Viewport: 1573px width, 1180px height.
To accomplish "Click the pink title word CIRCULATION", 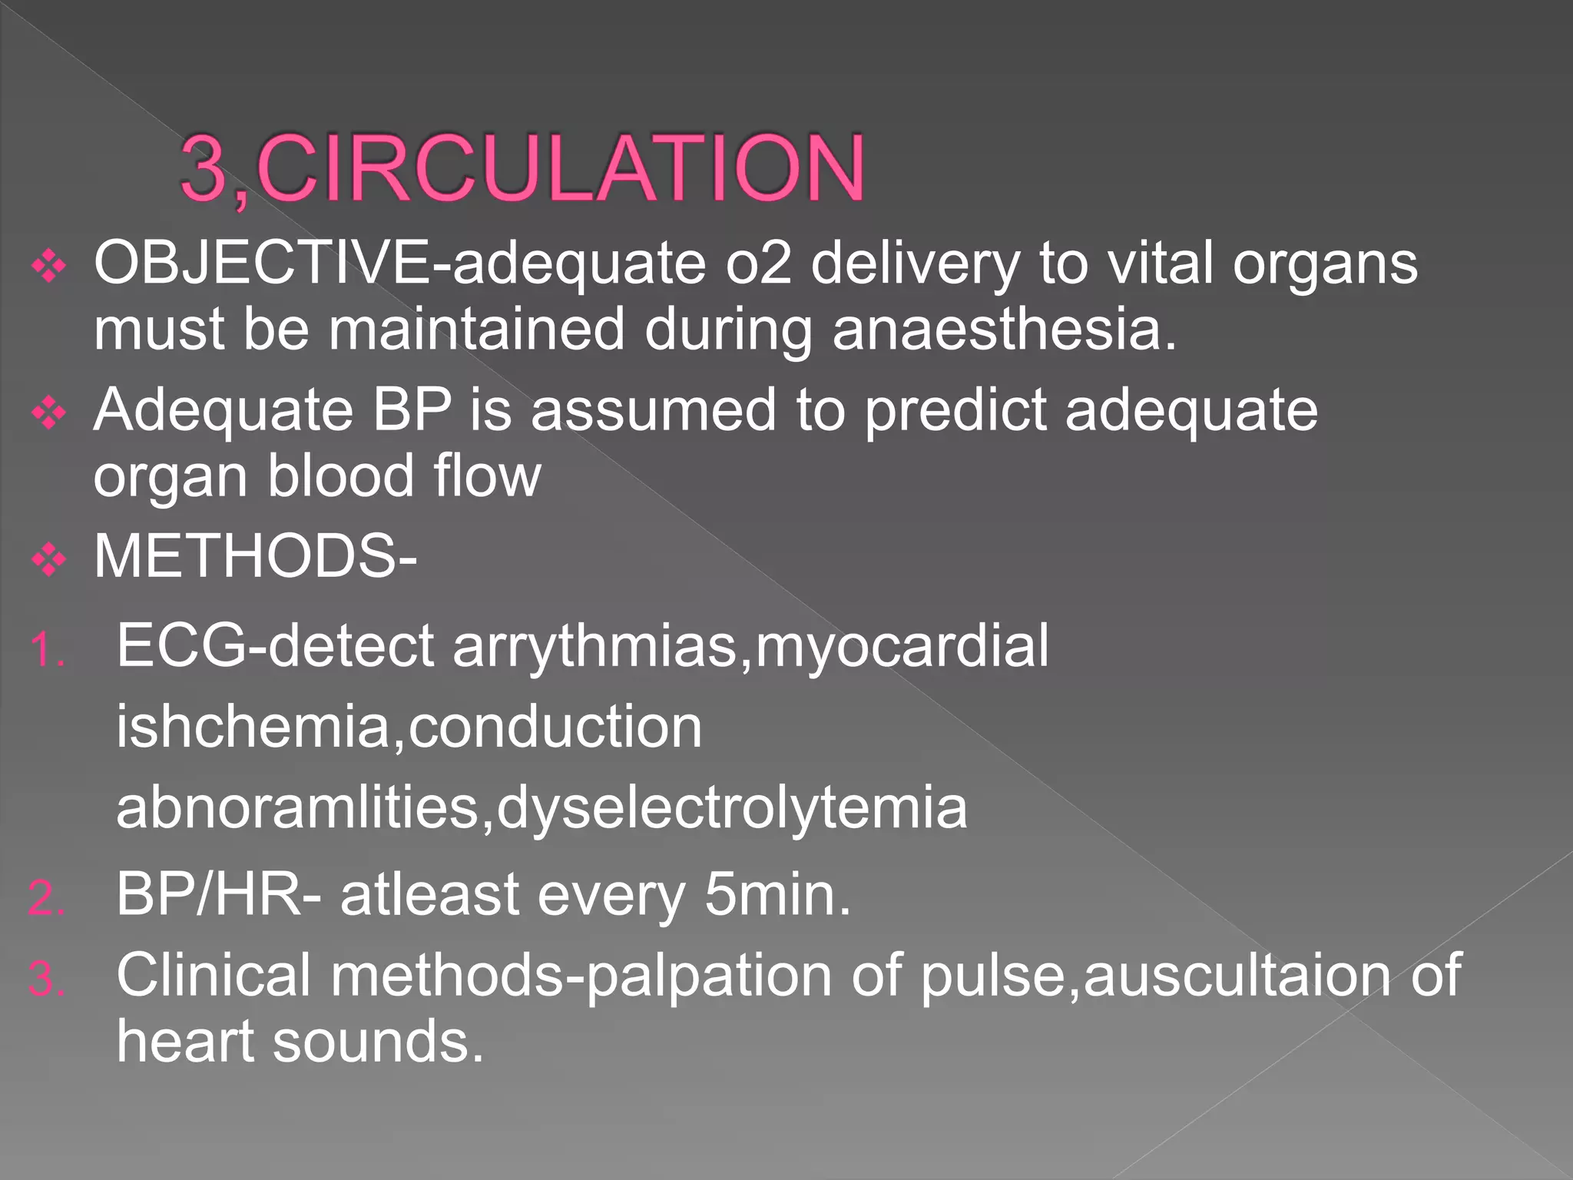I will pos(561,168).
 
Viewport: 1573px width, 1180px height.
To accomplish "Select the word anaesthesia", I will pos(1005,330).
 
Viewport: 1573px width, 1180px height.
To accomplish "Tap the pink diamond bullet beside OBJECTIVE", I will pos(49,267).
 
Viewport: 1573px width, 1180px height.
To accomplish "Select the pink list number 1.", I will pos(47,651).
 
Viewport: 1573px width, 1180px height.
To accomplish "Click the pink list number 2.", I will pos(47,899).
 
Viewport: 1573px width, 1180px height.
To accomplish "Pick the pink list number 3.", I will pos(47,980).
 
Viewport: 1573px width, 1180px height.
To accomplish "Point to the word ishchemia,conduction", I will pos(409,727).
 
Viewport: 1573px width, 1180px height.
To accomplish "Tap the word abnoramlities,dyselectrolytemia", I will pos(541,808).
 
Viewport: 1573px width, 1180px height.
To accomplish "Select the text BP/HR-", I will pos(219,895).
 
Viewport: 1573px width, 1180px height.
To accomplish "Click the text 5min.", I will pos(777,895).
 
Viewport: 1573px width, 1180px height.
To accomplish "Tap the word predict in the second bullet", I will pos(955,411).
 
